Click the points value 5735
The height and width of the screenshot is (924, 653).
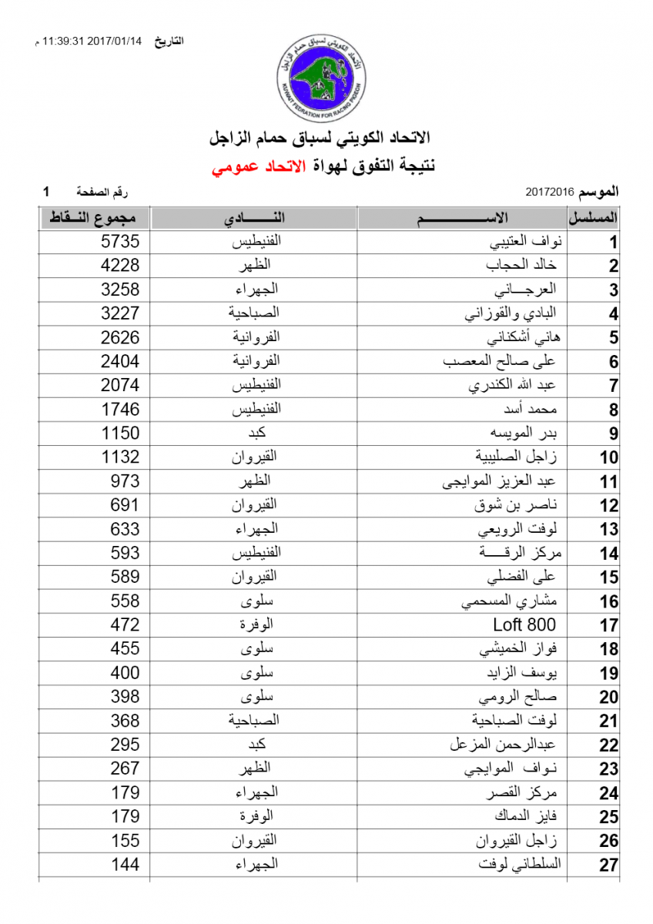click(x=121, y=242)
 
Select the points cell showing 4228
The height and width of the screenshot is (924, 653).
click(x=121, y=266)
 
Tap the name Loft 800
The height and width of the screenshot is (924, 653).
click(x=524, y=624)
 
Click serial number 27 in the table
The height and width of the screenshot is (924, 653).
click(x=609, y=865)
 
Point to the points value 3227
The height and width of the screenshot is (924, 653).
click(x=121, y=313)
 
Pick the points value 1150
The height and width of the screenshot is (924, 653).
click(x=121, y=434)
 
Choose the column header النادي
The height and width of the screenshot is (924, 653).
click(x=254, y=218)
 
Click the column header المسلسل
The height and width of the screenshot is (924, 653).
click(x=599, y=218)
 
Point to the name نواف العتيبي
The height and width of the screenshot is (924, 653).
click(x=527, y=242)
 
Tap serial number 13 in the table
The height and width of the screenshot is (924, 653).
click(x=609, y=530)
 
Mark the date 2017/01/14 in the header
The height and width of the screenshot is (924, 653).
click(x=116, y=41)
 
